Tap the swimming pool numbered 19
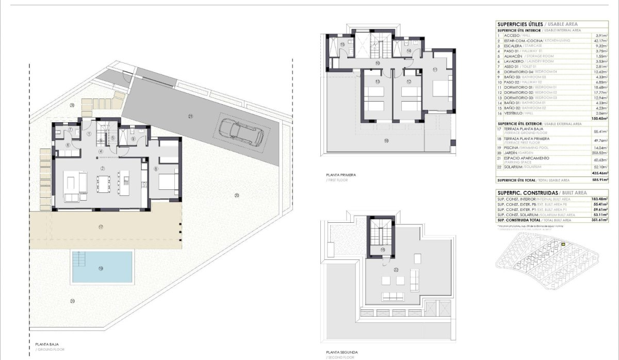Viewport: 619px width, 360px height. pyautogui.click(x=102, y=267)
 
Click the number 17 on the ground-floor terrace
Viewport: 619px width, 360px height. pyautogui.click(x=101, y=227)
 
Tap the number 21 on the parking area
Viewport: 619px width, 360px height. pyautogui.click(x=190, y=117)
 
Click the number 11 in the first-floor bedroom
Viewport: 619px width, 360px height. pyautogui.click(x=435, y=69)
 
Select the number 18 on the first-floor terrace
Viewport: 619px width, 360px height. pyautogui.click(x=385, y=140)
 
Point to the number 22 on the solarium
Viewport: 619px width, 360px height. pyautogui.click(x=396, y=269)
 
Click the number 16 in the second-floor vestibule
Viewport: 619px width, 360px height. pyautogui.click(x=382, y=250)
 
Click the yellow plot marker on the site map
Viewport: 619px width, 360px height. pyautogui.click(x=563, y=244)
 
